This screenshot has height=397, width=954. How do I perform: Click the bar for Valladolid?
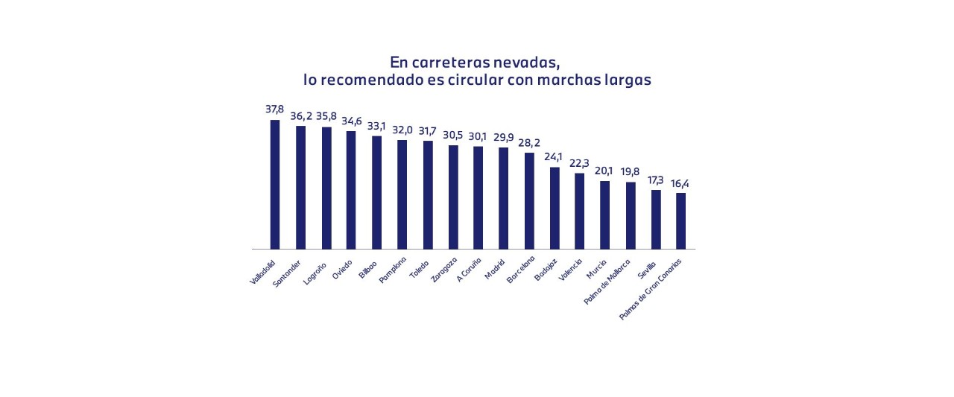point(275,184)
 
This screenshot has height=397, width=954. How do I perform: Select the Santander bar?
point(300,187)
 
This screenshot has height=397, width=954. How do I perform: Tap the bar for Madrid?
point(503,197)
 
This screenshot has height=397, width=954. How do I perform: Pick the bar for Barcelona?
point(529,200)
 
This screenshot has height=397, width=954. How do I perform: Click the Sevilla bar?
point(656,219)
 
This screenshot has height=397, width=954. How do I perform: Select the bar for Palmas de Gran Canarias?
point(680,220)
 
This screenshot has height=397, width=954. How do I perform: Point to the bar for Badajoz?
point(555,208)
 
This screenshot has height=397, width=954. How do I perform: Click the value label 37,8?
point(275,109)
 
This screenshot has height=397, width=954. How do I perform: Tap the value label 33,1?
point(376,126)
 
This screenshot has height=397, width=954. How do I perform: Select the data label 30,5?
point(453,135)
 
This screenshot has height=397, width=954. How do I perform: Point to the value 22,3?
point(579,163)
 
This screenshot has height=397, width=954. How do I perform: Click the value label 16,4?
point(680,183)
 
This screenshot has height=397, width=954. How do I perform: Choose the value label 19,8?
point(630,172)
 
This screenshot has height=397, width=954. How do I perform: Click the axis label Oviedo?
point(341,267)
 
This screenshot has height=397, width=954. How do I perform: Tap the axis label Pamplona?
point(392,270)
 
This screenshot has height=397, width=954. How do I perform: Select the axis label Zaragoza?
point(443,270)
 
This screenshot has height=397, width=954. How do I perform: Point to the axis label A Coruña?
point(470,270)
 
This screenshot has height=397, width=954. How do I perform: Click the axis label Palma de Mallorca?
point(607,282)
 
